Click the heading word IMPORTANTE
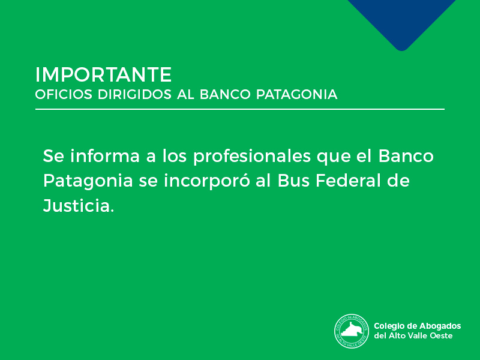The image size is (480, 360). point(103,74)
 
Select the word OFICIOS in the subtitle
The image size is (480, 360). point(64,94)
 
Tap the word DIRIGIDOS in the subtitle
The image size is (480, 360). point(134,94)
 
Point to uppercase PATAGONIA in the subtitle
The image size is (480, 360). point(296,94)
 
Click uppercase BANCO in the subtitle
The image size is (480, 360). point(225,94)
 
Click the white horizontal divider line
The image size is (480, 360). point(239,109)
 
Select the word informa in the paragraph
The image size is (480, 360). point(105,155)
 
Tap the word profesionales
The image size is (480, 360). point(252,157)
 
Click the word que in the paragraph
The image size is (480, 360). point(334,158)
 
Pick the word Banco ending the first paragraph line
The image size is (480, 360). point(406,155)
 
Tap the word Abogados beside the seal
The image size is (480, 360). point(440,326)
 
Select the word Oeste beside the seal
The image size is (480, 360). point(442,335)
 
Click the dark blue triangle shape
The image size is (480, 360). point(401,22)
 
